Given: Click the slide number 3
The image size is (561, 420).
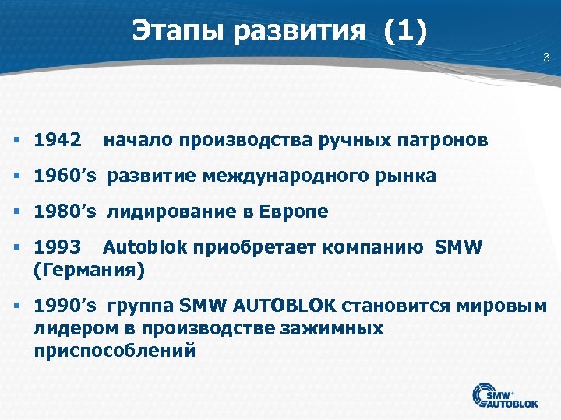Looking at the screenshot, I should click(x=546, y=57).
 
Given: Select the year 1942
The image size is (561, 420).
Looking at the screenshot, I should click(x=58, y=141).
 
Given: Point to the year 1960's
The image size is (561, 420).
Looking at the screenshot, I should click(x=65, y=177).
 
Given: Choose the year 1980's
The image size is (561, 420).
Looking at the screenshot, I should click(x=65, y=212).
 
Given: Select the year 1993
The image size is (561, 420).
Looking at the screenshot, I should click(x=58, y=248).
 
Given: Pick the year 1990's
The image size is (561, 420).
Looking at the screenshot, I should click(x=65, y=306).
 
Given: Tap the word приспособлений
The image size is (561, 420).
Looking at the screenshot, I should click(x=114, y=350).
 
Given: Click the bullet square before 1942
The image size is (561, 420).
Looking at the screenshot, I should click(x=17, y=141).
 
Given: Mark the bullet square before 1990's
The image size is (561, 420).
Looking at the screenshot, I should click(x=17, y=306).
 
